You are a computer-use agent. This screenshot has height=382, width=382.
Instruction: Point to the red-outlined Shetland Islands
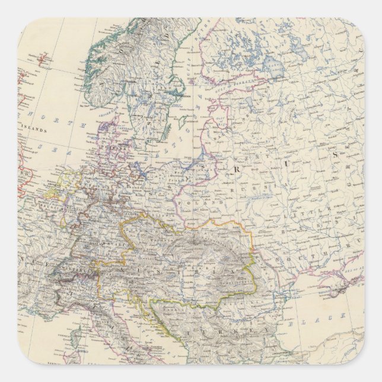point(24,77)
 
